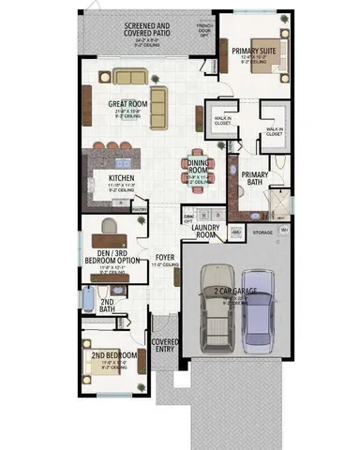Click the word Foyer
tap(165, 256)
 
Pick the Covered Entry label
tap(165, 346)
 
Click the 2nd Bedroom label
tap(114, 356)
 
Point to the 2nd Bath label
tap(107, 305)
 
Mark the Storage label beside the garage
tap(262, 232)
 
